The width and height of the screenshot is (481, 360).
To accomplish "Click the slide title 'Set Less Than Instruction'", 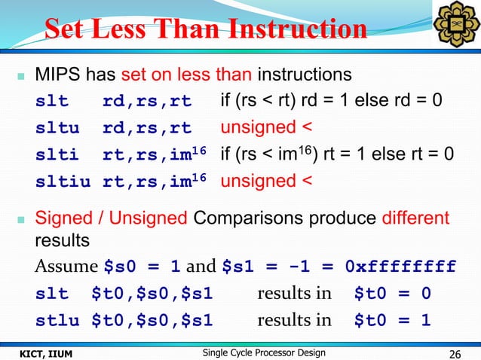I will point(205,29).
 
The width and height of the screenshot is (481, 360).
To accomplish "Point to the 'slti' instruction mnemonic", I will point(58,154).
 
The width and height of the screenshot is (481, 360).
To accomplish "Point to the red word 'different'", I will point(414,218).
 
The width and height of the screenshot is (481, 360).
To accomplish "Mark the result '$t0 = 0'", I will point(392,294).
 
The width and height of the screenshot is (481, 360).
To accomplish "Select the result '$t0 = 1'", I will point(392,321).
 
